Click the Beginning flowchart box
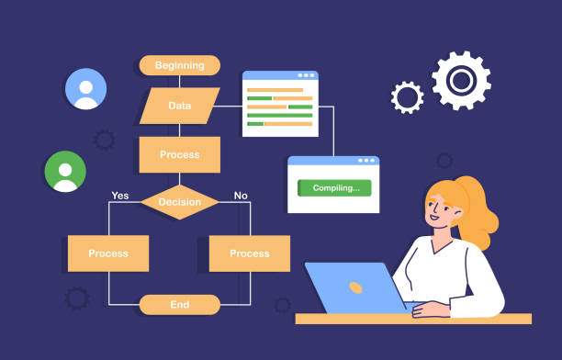point(179,65)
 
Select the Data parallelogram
point(180,106)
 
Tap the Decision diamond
point(180,202)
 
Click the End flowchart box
point(180,304)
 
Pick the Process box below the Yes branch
point(108,253)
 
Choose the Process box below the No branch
point(250,253)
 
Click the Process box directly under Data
point(180,154)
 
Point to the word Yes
point(119,196)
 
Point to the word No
point(241,196)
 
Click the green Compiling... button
point(334,188)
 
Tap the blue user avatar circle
point(85,89)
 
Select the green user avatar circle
point(65,172)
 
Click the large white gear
point(461,80)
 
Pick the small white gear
point(407,97)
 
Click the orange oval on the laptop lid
point(355,287)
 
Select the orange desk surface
point(413,319)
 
